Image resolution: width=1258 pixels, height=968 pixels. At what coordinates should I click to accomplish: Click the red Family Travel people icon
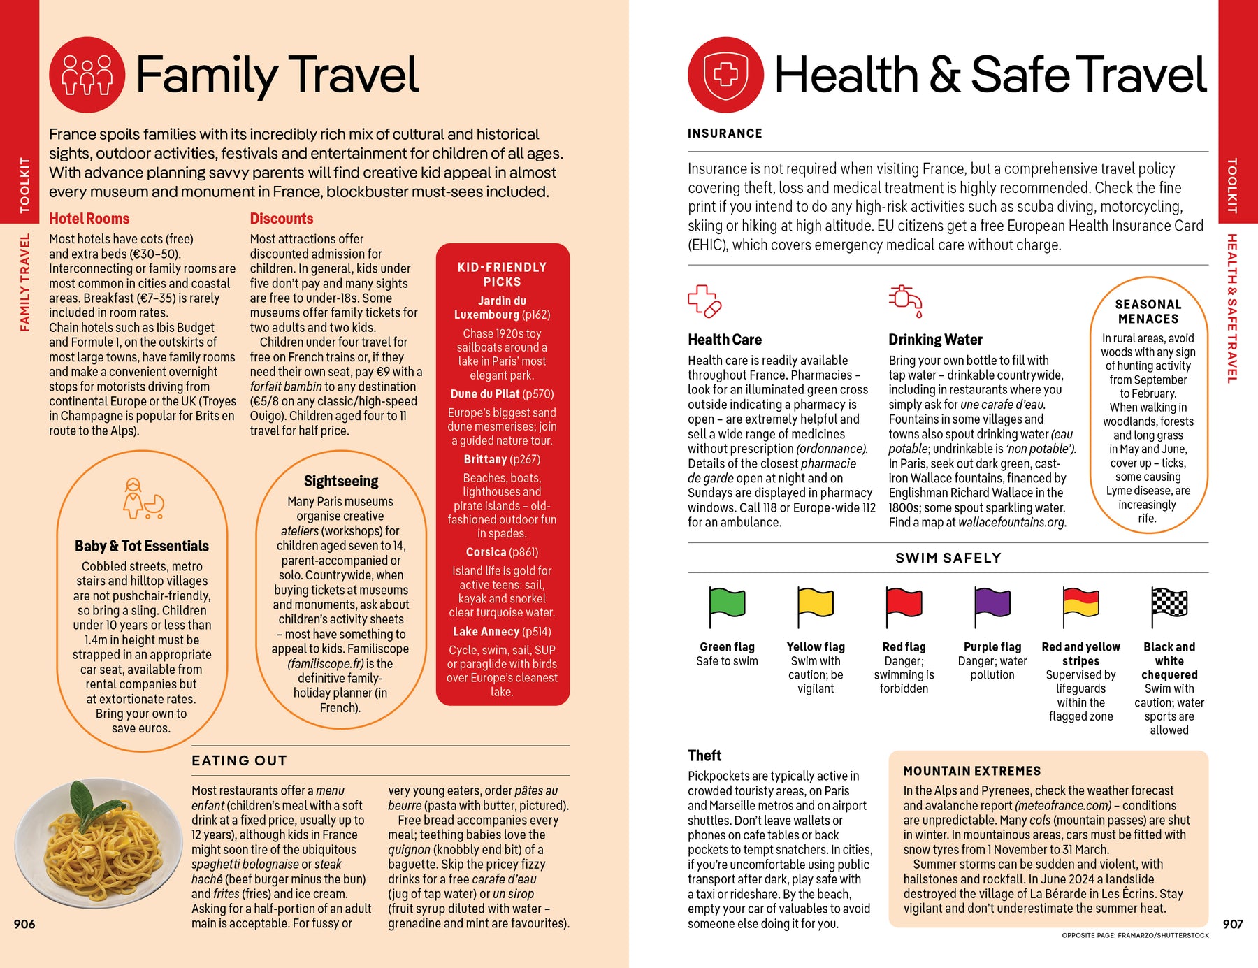(x=87, y=75)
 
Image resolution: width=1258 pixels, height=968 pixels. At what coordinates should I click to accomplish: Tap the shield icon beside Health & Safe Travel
(x=725, y=75)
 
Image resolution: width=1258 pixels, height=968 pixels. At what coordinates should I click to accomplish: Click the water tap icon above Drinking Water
(x=905, y=301)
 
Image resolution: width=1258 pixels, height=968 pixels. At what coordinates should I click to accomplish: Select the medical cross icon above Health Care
(x=704, y=301)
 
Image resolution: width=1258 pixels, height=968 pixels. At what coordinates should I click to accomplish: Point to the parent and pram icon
(x=143, y=499)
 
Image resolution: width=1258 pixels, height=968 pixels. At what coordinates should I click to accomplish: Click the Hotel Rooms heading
(x=89, y=219)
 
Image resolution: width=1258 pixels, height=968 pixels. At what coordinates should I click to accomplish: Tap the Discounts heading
(x=282, y=219)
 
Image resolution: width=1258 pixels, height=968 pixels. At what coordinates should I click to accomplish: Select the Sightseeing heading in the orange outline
(x=341, y=481)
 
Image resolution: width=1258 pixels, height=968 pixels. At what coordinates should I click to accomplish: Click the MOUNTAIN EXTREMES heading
(x=971, y=771)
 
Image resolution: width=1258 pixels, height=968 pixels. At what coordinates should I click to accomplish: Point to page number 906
(x=24, y=924)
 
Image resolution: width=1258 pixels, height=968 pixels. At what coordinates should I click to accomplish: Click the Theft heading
(x=704, y=756)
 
